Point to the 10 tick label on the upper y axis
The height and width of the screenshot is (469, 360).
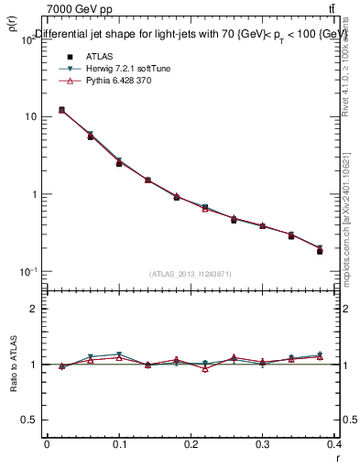[x=30, y=117]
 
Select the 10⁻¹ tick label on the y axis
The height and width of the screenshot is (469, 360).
[x=28, y=272]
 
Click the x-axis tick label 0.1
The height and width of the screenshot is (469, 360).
[x=119, y=444]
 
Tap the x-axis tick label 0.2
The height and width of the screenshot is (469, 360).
[x=191, y=444]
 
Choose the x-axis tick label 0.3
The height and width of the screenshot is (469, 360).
[x=263, y=444]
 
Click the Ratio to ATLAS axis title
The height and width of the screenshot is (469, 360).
[x=14, y=365]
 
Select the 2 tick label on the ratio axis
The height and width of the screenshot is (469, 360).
[x=35, y=309]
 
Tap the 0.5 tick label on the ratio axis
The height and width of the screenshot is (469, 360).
[x=30, y=420]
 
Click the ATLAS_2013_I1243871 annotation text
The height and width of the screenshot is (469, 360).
[x=190, y=274]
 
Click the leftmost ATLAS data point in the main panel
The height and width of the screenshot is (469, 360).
[x=61, y=110]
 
